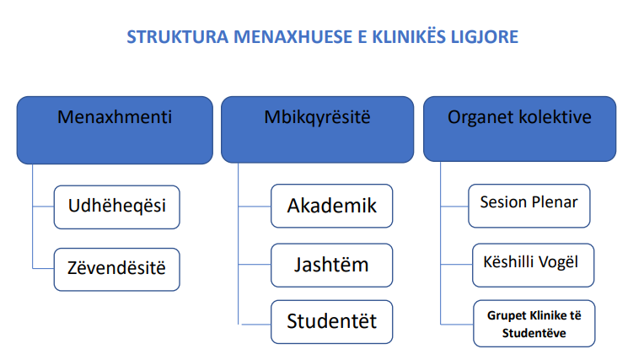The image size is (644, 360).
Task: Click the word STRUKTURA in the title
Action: (177, 37)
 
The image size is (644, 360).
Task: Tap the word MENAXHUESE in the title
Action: (293, 37)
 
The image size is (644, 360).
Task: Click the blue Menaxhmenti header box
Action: (115, 131)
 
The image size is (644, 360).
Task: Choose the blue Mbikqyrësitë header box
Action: (317, 130)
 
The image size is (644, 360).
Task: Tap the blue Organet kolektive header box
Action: (519, 129)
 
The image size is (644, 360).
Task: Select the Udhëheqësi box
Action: (117, 207)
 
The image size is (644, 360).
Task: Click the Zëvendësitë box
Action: (117, 270)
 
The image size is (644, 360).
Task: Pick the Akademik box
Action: (332, 206)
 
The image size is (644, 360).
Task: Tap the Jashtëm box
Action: (332, 265)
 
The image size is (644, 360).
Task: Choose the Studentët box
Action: (332, 322)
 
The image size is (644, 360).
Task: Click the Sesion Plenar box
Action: (529, 206)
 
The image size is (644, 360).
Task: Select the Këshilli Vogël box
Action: (533, 265)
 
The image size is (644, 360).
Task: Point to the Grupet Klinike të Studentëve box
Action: (534, 324)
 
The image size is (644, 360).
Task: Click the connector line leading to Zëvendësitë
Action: (43, 269)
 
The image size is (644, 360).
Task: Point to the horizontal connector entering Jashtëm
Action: (255, 264)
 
